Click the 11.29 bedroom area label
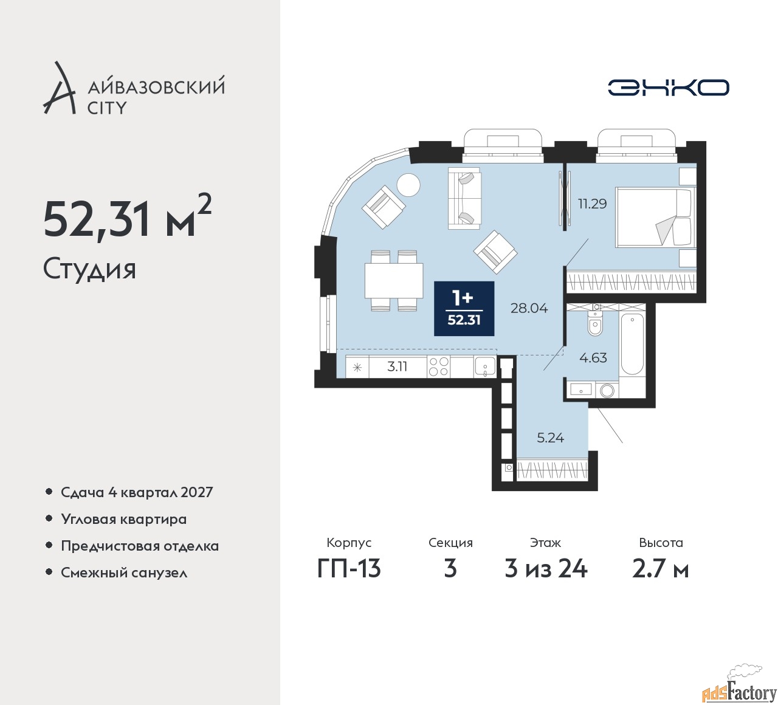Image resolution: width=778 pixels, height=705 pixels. [x=592, y=204]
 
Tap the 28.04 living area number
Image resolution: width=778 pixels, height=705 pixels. [x=529, y=308]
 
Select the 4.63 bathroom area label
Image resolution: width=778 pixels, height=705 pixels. [x=593, y=358]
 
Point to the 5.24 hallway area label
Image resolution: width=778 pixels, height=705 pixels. [x=550, y=438]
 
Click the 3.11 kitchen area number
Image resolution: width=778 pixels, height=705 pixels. [x=397, y=366]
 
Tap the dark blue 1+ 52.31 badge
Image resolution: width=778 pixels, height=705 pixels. [x=464, y=309]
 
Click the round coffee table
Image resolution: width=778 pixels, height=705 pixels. [x=408, y=185]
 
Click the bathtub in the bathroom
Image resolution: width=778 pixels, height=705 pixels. [x=632, y=344]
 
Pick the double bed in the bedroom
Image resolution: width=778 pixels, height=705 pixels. [x=653, y=217]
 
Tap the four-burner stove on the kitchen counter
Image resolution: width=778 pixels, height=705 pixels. [x=438, y=366]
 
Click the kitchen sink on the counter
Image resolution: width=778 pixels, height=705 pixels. [x=484, y=366]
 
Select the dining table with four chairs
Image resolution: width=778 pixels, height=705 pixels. [x=393, y=280]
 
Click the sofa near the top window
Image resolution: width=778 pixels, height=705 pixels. [x=464, y=198]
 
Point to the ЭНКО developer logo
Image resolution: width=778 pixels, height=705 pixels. [x=668, y=88]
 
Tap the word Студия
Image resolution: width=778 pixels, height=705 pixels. [x=89, y=269]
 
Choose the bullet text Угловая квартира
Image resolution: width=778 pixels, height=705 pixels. [x=123, y=519]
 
